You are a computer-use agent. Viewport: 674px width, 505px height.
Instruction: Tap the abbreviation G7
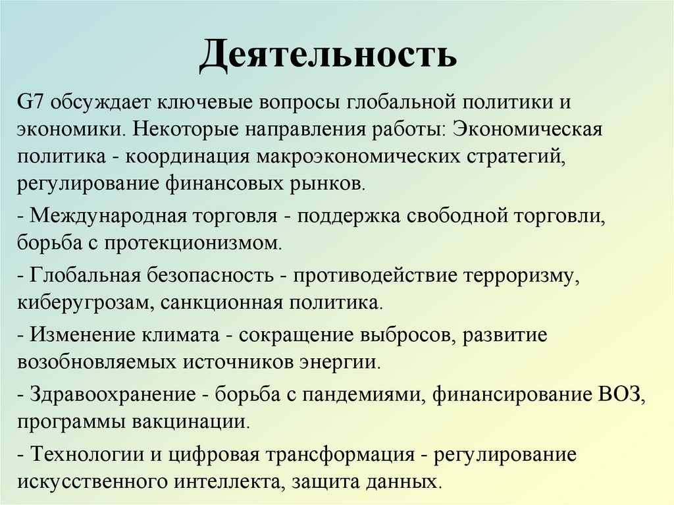[30, 103]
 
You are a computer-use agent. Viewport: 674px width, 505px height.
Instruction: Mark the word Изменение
[80, 335]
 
